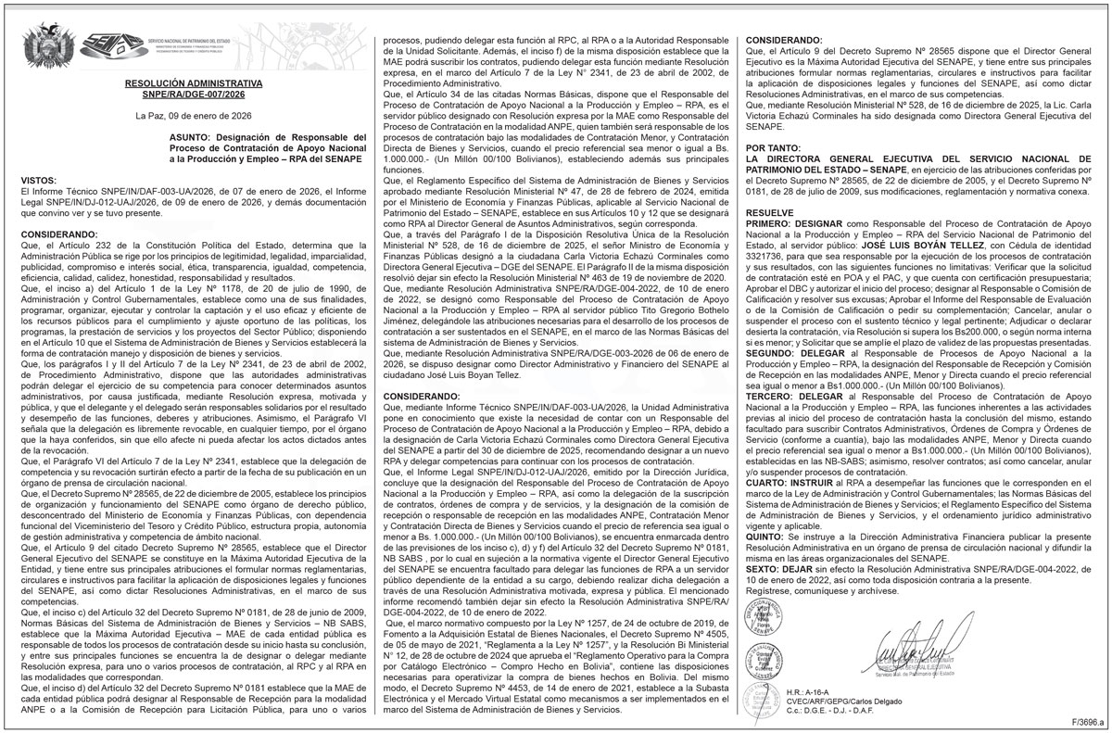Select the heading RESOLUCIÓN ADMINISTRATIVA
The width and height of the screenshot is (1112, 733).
click(x=195, y=82)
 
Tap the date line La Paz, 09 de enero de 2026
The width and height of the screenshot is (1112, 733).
click(x=194, y=116)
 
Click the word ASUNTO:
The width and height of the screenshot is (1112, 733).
click(x=191, y=138)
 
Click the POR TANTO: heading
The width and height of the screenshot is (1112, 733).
click(x=775, y=147)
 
